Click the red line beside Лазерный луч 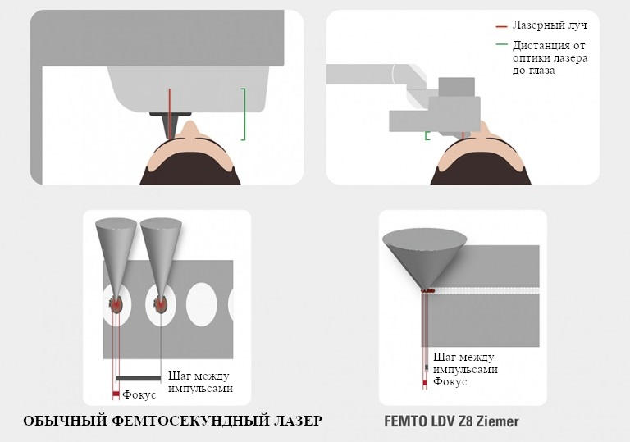[x=501, y=26]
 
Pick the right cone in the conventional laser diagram [x=160, y=250]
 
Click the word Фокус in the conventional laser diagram [x=139, y=395]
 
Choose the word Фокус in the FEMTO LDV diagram [x=450, y=382]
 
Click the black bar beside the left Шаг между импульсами [x=140, y=377]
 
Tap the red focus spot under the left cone [x=116, y=305]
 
